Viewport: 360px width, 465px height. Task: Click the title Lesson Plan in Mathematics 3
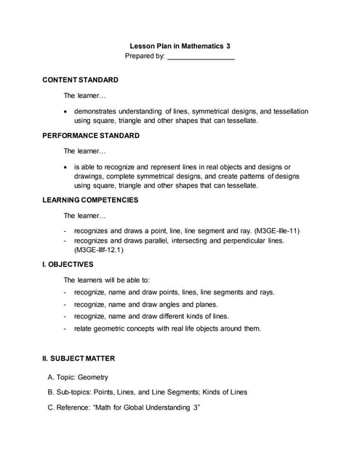point(180,44)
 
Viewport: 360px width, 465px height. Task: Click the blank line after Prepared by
point(201,57)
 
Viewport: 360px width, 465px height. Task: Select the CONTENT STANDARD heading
point(80,79)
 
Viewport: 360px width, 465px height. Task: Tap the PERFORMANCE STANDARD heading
point(91,136)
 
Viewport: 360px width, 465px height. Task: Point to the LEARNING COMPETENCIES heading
point(90,199)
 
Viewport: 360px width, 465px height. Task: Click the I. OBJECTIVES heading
point(68,264)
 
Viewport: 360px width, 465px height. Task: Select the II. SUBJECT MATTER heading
point(79,358)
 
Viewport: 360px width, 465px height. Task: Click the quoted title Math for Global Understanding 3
point(146,407)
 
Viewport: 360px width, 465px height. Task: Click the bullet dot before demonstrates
point(66,111)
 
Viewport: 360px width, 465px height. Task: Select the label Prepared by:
point(145,56)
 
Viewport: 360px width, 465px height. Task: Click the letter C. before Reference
point(50,407)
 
